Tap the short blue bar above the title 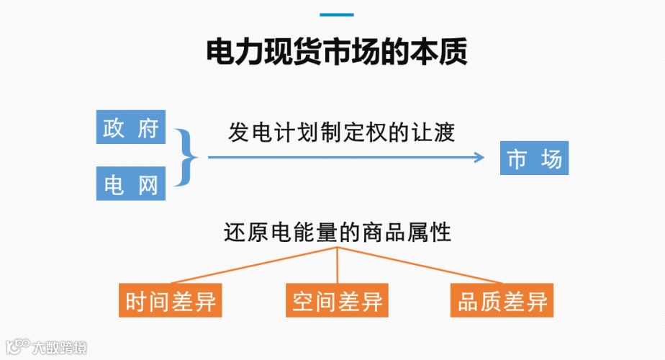(337, 14)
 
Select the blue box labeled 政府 (131, 127)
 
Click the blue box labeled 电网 (131, 184)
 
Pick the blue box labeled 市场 (534, 158)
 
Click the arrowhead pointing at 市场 (480, 156)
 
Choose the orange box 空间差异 (337, 301)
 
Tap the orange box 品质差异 (502, 301)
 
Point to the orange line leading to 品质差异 (421, 264)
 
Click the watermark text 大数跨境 (60, 348)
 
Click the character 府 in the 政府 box (148, 128)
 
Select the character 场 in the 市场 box (551, 158)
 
